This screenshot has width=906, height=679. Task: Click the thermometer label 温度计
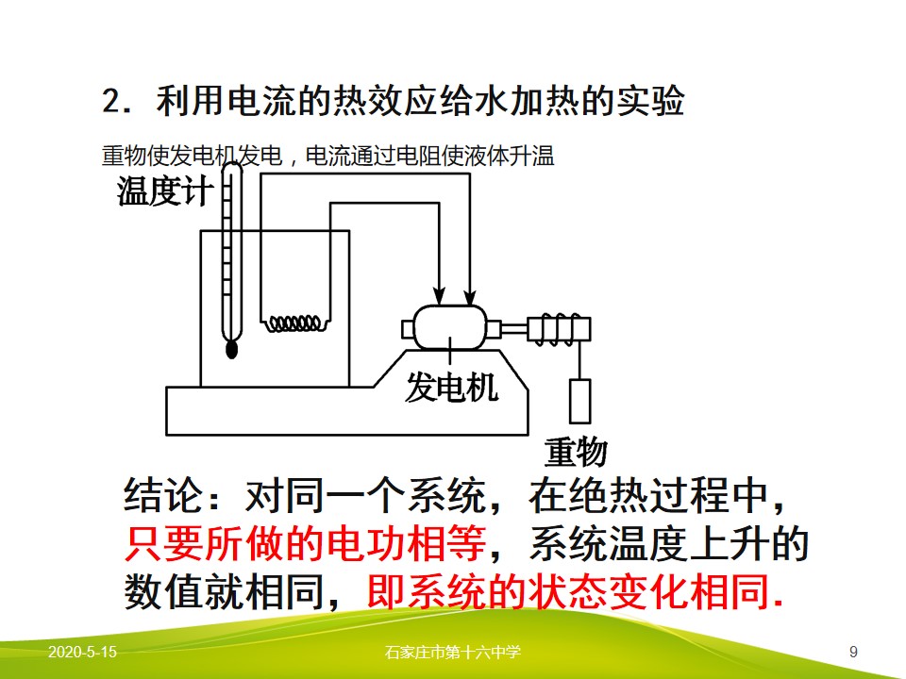[x=165, y=191]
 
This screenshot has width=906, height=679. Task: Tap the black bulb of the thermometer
[x=232, y=349]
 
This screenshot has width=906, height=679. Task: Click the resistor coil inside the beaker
[x=294, y=323]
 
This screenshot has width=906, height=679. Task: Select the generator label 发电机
[x=451, y=387]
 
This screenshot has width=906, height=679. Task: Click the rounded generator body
[x=450, y=327]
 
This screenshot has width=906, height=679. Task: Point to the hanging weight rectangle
[x=579, y=402]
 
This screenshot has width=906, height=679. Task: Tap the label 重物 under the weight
[x=576, y=452]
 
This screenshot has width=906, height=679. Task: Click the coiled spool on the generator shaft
[x=559, y=330]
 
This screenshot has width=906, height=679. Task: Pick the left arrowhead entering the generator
[x=440, y=296]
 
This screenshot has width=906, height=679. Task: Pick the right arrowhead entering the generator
[x=470, y=296]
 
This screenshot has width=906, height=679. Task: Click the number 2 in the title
[x=110, y=101]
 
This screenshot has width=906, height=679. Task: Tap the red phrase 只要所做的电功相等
[x=305, y=543]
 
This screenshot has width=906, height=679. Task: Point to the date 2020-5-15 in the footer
[x=82, y=652]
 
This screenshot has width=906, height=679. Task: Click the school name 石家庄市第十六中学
[x=452, y=653]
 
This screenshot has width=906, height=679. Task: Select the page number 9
[x=853, y=653]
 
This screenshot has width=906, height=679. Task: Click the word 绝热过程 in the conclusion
[x=648, y=495]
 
